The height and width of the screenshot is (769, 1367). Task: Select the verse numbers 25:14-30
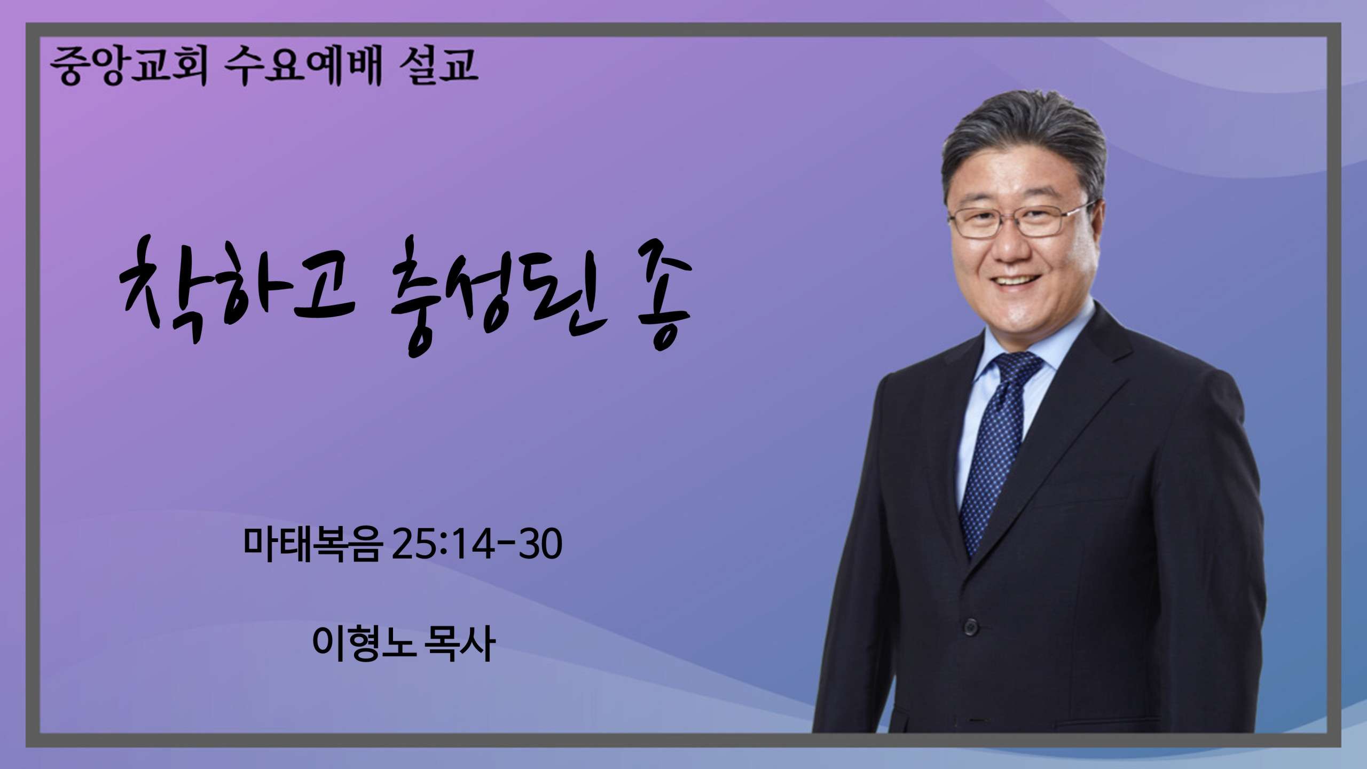pyautogui.click(x=477, y=545)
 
